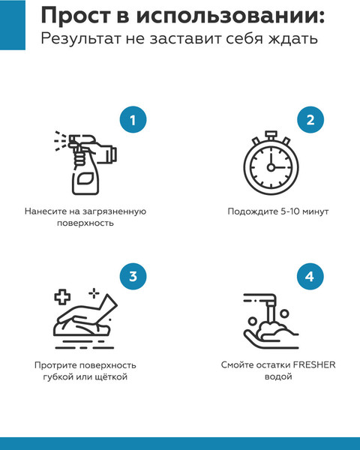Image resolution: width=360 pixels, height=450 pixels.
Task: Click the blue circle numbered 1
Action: click(133, 120)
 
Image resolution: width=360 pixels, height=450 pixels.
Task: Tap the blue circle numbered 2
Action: click(310, 120)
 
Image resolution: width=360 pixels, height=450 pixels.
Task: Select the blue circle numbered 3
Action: click(133, 276)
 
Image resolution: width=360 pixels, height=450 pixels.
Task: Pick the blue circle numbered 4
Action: click(310, 276)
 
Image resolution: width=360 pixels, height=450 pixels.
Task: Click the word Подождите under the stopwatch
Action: click(251, 211)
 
